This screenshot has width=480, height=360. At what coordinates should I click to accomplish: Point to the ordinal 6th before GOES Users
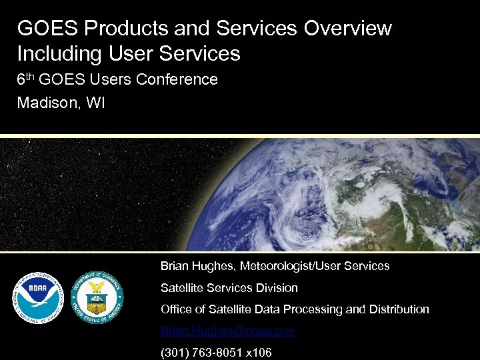(x=25, y=79)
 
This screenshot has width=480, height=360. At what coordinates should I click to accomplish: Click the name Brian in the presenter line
(x=175, y=266)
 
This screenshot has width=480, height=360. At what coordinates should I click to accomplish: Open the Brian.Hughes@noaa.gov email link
(x=227, y=331)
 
